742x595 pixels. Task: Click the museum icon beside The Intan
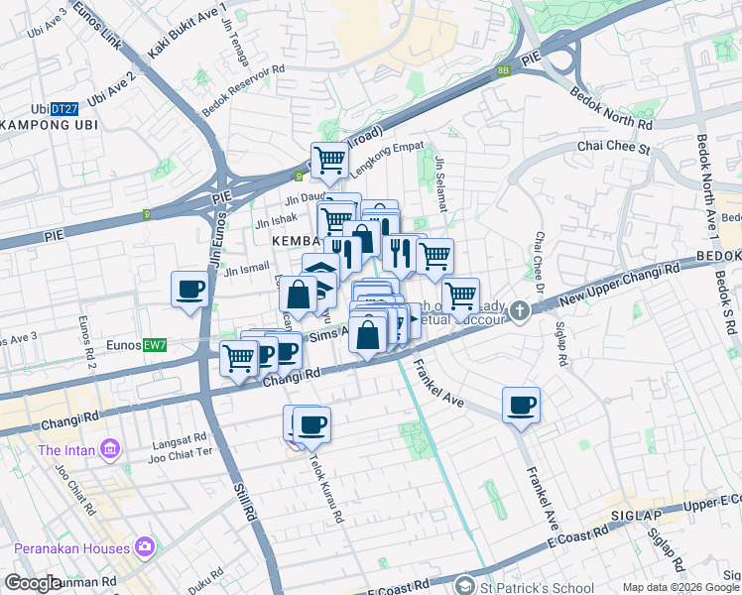pos(109,451)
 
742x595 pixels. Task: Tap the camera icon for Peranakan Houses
pos(146,547)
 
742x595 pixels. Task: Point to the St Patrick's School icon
pos(467,585)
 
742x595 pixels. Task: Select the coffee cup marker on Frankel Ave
pos(521,405)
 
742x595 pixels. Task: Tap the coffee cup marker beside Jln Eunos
pos(189,290)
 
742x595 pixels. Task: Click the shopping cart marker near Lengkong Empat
pos(329,159)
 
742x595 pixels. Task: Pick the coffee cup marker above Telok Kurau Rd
pos(311,424)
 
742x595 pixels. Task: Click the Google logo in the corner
pos(33,583)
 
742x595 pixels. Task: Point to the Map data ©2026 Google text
pos(680,587)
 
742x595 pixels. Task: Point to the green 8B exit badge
pos(503,70)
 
